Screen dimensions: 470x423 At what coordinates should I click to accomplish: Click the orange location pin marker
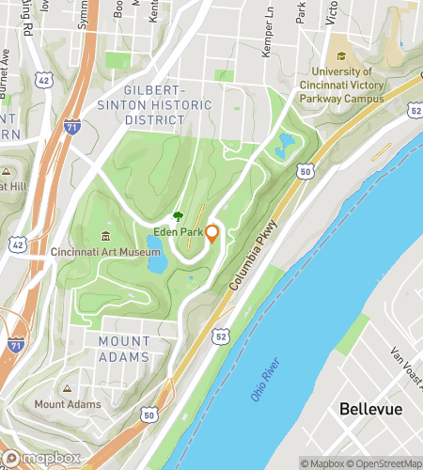tap(212, 233)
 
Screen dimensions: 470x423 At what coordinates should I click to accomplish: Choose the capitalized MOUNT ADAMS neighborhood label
tap(123, 349)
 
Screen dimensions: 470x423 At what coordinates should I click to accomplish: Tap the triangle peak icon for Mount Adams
tap(66, 389)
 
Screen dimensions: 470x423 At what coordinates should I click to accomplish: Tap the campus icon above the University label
tap(340, 55)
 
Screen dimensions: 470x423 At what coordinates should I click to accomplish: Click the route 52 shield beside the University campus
tap(415, 112)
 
